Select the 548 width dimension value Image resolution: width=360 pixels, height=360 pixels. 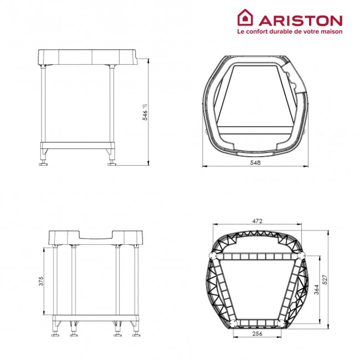[255, 163]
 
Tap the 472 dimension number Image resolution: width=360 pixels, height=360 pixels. [258, 221]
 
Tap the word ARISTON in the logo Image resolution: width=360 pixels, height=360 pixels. [298, 20]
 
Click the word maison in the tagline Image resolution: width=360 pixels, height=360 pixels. [329, 32]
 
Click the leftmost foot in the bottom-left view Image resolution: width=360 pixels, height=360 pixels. [55, 334]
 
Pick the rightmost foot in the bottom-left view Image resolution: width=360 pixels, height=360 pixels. [135, 334]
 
